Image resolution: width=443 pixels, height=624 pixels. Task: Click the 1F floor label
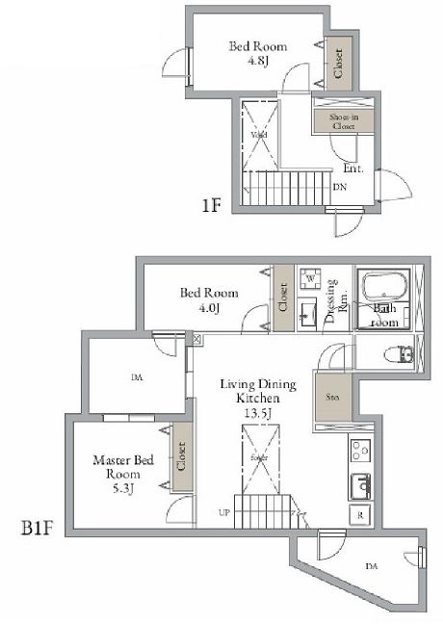(x=213, y=205)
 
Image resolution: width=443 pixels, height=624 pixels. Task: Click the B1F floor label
(x=38, y=528)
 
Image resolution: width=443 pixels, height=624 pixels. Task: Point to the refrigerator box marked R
(x=359, y=514)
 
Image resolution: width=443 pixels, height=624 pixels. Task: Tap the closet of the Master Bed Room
(x=181, y=460)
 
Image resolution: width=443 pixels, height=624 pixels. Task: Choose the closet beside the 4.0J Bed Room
(x=283, y=299)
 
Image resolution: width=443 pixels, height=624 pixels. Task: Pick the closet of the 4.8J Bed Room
(x=338, y=64)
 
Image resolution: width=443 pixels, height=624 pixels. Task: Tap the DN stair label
(x=339, y=187)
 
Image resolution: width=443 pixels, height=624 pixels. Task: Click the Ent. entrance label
(x=352, y=168)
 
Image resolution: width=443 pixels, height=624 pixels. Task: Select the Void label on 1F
(x=258, y=136)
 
